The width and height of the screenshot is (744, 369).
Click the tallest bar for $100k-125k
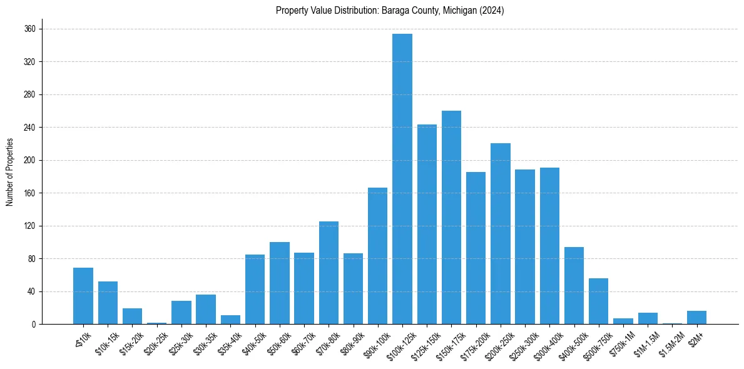[402, 179]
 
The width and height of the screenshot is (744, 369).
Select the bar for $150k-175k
[451, 218]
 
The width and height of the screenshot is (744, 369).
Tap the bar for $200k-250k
[501, 234]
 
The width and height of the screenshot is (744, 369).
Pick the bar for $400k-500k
[574, 286]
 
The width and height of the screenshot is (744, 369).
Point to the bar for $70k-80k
[329, 273]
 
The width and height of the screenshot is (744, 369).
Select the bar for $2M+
[696, 318]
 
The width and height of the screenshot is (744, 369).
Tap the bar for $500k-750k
[599, 301]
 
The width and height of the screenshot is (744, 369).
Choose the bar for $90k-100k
[377, 256]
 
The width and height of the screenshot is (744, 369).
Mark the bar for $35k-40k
[230, 320]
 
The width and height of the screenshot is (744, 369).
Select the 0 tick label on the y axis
[34, 325]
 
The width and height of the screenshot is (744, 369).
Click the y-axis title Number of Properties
[9, 172]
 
